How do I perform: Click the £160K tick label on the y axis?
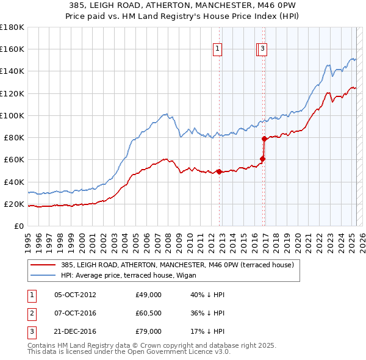(12, 49)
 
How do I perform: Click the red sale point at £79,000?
(264, 139)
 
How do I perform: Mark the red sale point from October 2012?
(219, 171)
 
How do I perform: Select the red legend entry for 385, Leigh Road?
(178, 265)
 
